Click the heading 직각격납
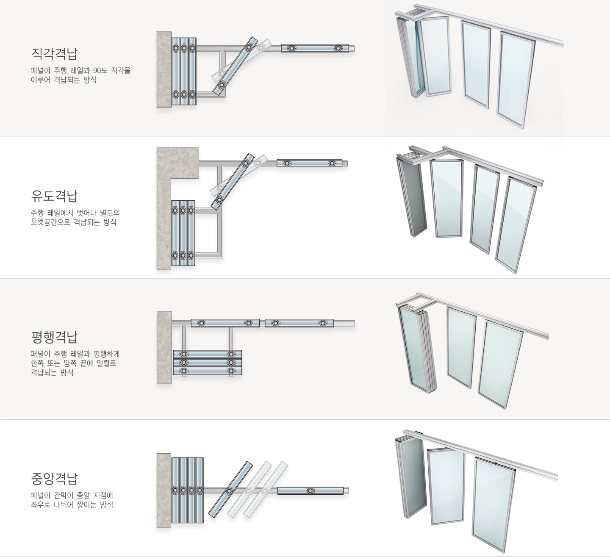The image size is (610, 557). pyautogui.click(x=54, y=53)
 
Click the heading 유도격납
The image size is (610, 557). pyautogui.click(x=54, y=196)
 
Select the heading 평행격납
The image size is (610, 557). pyautogui.click(x=54, y=337)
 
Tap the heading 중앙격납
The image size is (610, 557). pyautogui.click(x=54, y=479)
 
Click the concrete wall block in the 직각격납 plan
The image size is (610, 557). pyautogui.click(x=164, y=69)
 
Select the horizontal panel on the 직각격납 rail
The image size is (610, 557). pyautogui.click(x=315, y=48)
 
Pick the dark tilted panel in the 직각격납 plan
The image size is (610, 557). pyautogui.click(x=236, y=67)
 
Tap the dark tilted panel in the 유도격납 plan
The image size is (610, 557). pyautogui.click(x=233, y=182)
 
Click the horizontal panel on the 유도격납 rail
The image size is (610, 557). pyautogui.click(x=309, y=163)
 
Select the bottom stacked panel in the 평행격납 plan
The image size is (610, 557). pyautogui.click(x=208, y=371)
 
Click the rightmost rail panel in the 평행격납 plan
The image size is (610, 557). pyautogui.click(x=299, y=323)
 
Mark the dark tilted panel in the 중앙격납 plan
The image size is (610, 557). pyautogui.click(x=230, y=489)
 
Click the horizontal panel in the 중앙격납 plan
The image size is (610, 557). pyautogui.click(x=311, y=490)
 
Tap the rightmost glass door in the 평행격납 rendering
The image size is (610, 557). pyautogui.click(x=501, y=364)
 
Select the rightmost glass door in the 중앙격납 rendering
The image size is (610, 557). pyautogui.click(x=494, y=504)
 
